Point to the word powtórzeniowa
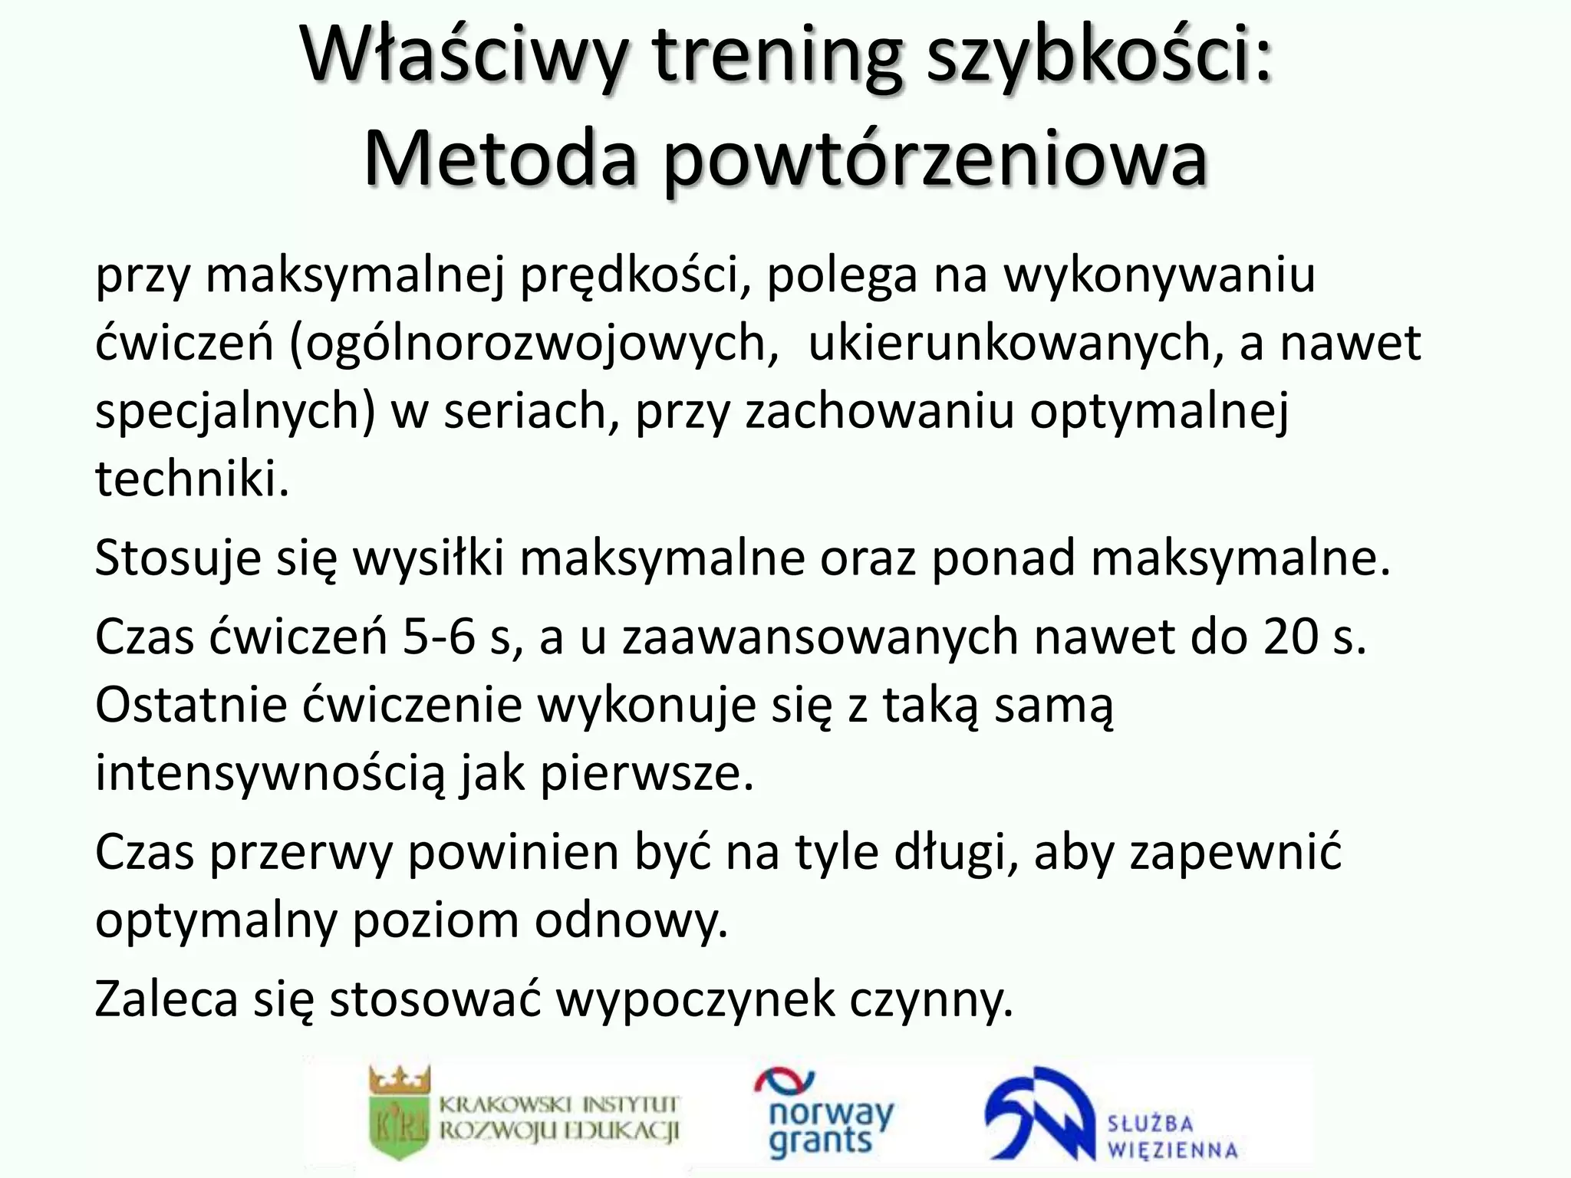[936, 161]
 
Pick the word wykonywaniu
[1159, 276]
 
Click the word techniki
[192, 479]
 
